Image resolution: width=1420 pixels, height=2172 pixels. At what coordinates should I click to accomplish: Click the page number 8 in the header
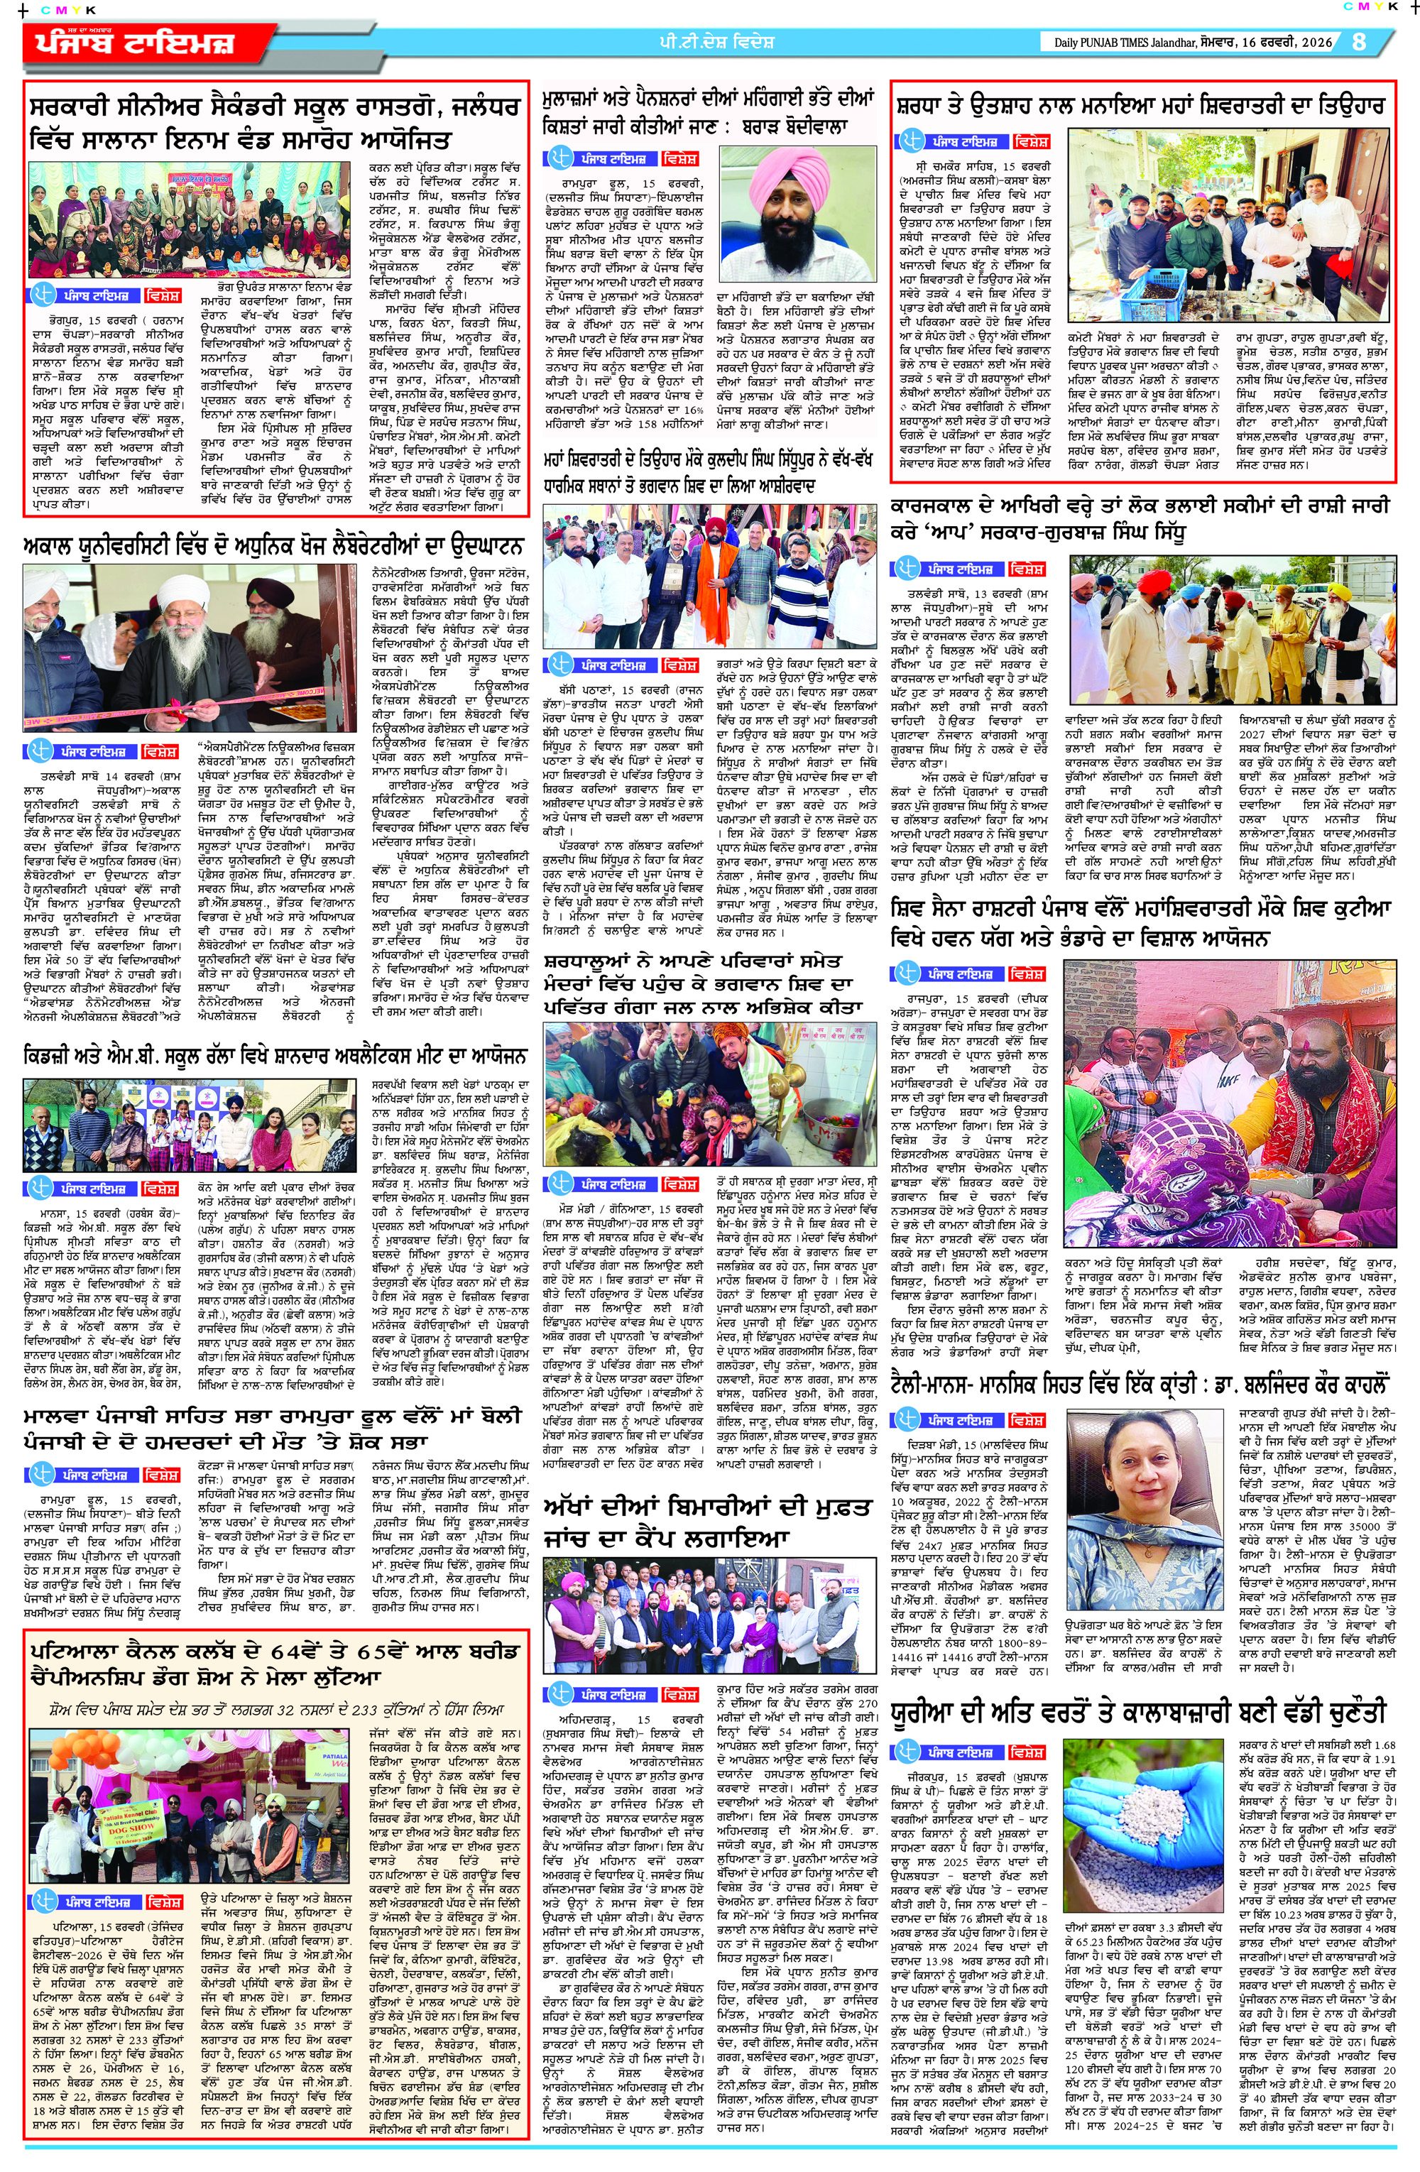click(1359, 42)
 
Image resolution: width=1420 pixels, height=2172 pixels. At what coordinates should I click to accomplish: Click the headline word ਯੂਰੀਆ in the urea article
click(928, 1711)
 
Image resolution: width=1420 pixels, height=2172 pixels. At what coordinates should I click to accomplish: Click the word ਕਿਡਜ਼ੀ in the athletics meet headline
click(53, 1056)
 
